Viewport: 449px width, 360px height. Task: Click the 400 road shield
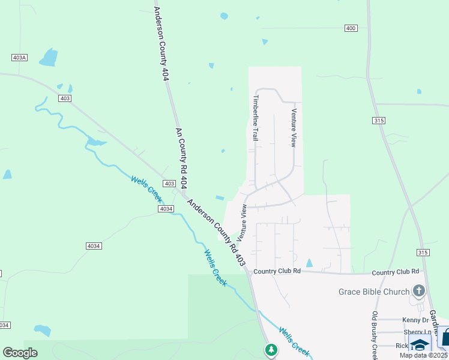pos(351,28)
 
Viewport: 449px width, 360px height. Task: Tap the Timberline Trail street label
pos(256,118)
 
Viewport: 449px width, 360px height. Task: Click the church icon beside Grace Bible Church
pos(418,292)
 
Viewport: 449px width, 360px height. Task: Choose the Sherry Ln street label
pos(417,332)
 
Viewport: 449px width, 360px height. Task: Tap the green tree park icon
pos(271,349)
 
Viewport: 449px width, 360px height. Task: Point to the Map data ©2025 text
pos(423,355)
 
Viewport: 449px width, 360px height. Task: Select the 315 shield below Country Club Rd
pos(423,253)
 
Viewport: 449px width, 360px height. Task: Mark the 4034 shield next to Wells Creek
pos(166,208)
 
